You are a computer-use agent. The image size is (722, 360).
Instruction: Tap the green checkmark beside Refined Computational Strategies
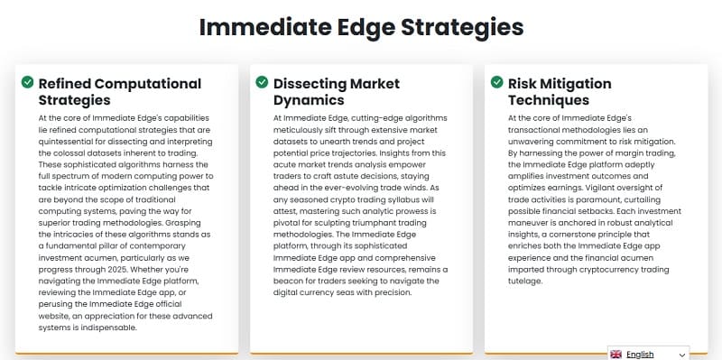[27, 83]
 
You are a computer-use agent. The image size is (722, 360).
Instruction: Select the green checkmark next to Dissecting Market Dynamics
[262, 83]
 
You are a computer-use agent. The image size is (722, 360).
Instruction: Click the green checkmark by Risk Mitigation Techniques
[496, 83]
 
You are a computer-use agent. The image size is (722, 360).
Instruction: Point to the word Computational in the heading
[147, 84]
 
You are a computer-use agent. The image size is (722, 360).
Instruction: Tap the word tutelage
[525, 281]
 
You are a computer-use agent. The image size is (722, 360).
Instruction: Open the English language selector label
[640, 355]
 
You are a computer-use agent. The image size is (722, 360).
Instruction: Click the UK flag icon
[616, 355]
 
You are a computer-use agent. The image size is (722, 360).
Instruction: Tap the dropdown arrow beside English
[681, 355]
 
